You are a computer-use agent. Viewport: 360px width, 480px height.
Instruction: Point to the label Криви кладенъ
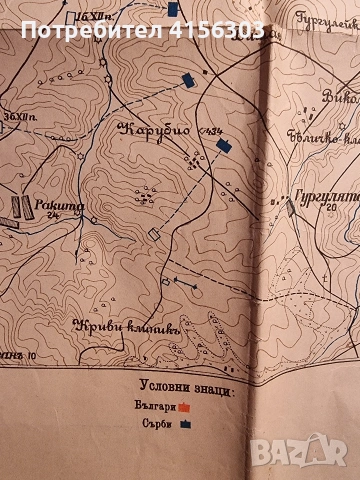(113, 326)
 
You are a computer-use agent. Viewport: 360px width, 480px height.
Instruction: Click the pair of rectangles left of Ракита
(18, 206)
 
